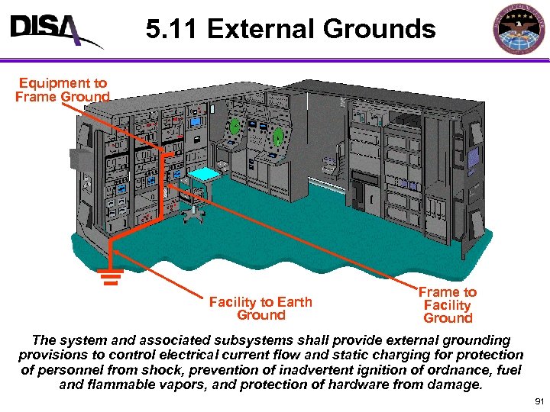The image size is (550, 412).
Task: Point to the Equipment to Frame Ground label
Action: click(63, 89)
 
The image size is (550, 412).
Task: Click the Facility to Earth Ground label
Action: click(260, 308)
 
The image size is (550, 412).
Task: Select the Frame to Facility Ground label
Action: click(448, 304)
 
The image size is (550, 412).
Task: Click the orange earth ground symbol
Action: click(110, 276)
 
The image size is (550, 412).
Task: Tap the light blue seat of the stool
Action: click(204, 175)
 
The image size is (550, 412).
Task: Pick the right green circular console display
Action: click(278, 137)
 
